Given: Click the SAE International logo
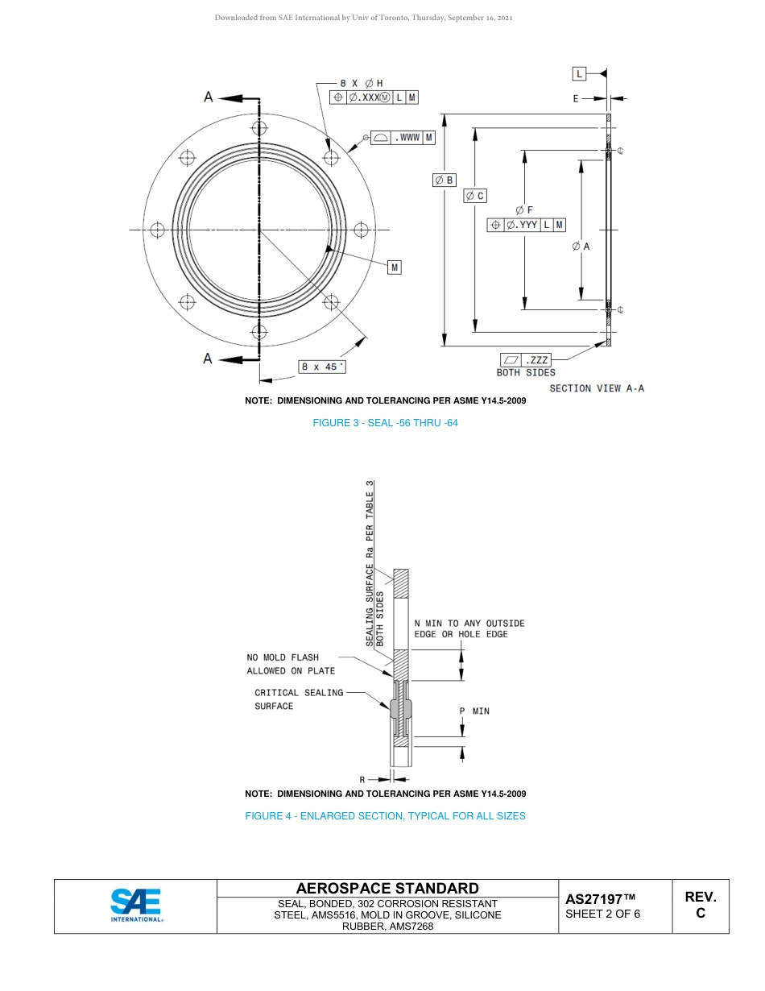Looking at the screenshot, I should click(x=135, y=906).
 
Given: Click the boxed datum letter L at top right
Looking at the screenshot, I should click(x=579, y=74).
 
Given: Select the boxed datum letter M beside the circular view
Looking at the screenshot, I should click(x=394, y=267).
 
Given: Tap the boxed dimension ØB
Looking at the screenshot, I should click(x=445, y=180).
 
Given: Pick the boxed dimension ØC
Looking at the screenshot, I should click(x=475, y=196).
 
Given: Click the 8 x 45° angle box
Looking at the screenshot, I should click(x=322, y=367).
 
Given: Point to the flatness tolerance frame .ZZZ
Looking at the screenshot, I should click(x=527, y=359).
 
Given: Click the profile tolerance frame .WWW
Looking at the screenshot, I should click(x=403, y=138).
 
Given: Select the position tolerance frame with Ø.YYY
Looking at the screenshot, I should click(x=526, y=225).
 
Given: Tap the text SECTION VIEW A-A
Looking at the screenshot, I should click(x=597, y=388).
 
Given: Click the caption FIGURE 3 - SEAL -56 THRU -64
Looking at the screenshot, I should click(x=385, y=423).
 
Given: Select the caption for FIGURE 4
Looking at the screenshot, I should click(x=385, y=816).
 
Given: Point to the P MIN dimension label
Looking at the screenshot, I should click(x=474, y=711).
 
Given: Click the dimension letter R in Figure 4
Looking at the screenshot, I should click(x=362, y=779).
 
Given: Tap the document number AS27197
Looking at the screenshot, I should click(x=600, y=898).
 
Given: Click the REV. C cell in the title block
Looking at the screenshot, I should click(x=700, y=905).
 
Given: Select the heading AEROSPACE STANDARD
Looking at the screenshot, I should click(x=387, y=888).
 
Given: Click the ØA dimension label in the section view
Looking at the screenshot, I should click(x=581, y=247).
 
